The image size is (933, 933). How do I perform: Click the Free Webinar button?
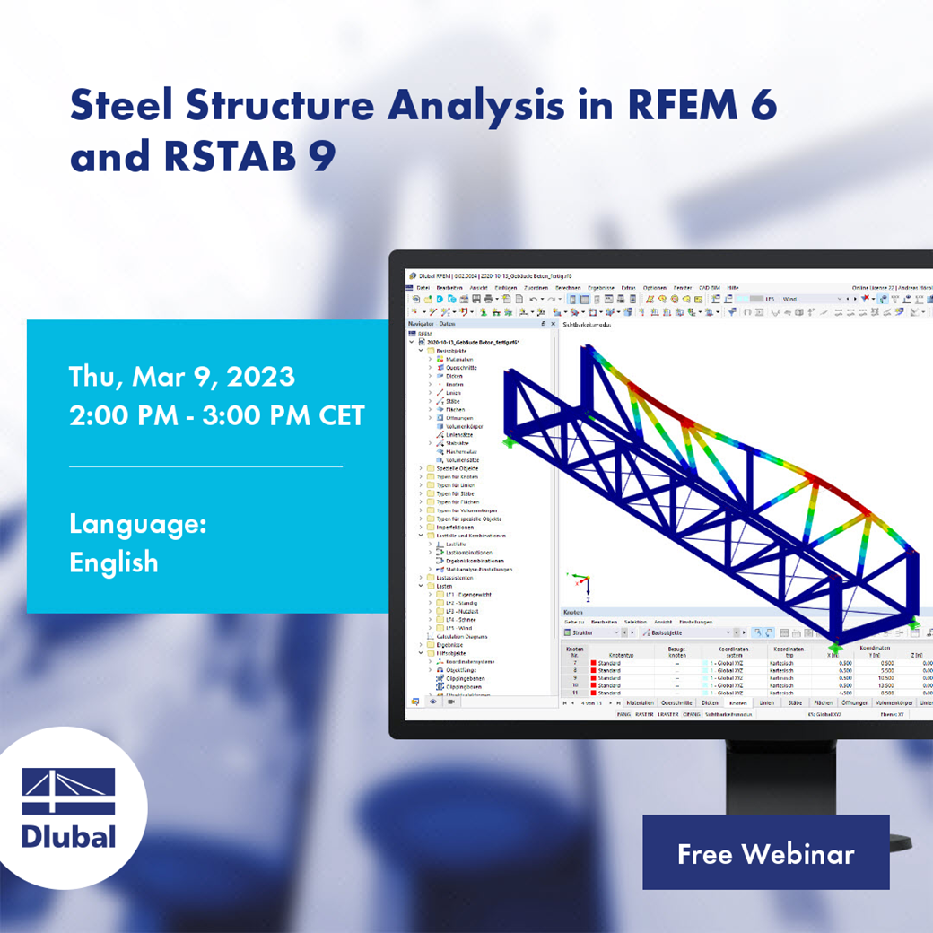765,853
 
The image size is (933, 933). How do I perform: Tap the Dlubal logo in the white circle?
69,807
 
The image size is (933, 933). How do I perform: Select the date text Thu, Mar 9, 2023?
182,376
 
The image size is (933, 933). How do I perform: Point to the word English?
114,562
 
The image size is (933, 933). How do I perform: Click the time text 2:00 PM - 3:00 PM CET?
217,415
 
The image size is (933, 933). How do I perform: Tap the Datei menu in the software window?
423,287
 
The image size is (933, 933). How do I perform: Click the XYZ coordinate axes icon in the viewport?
580,581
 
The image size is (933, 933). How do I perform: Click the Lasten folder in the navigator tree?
445,585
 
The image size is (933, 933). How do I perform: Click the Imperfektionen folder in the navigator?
457,527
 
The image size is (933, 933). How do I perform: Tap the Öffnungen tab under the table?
855,703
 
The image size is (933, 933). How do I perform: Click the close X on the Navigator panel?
553,323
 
